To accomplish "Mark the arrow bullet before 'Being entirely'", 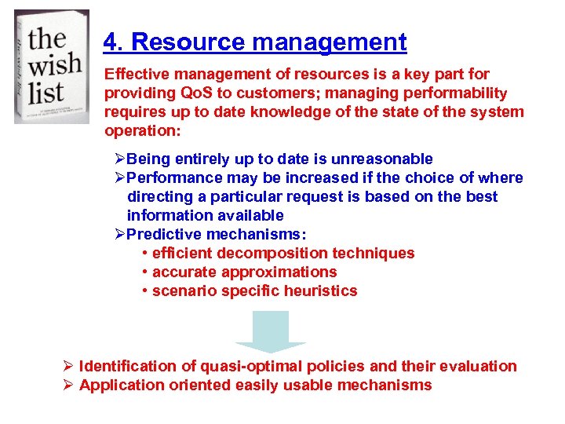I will pos(120,159).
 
